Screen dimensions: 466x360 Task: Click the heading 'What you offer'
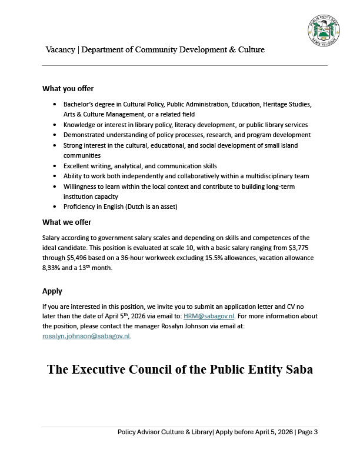click(68, 89)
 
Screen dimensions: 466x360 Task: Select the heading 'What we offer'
click(66, 222)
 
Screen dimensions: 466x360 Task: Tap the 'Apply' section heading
click(52, 291)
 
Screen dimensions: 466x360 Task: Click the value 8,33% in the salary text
click(53, 268)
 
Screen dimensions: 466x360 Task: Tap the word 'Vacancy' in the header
click(60, 50)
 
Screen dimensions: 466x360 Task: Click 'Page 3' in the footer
click(308, 432)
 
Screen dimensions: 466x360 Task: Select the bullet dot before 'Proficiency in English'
click(55, 207)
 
